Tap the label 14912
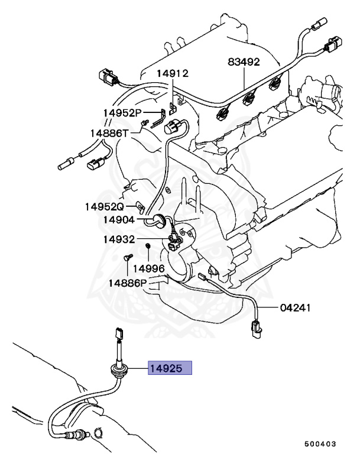pos(172,74)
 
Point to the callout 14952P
pos(122,112)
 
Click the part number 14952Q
pos(103,207)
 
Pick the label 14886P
pos(127,283)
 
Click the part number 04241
pos(296,308)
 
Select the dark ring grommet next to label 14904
pos(158,220)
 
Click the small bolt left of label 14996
pos(127,258)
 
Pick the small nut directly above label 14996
pos(148,245)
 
